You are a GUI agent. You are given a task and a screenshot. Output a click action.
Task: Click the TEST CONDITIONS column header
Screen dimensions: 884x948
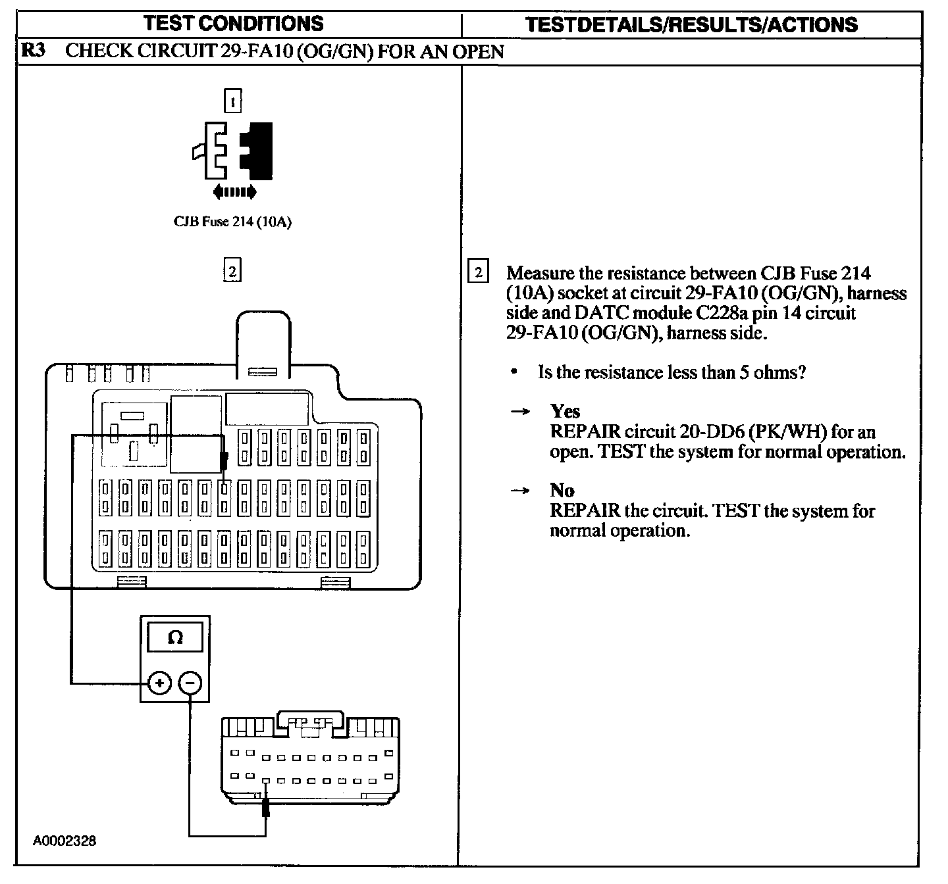click(234, 24)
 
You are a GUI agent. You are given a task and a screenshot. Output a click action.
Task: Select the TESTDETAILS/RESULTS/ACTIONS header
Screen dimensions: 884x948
click(692, 25)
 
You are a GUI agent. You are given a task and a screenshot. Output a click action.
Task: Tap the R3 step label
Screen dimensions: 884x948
click(33, 51)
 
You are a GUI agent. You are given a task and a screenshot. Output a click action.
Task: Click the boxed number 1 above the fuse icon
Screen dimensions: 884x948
click(232, 101)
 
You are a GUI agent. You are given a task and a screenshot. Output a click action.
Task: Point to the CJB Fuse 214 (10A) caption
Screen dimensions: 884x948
click(232, 222)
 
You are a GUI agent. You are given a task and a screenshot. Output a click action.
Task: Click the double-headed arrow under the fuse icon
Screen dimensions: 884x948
click(234, 192)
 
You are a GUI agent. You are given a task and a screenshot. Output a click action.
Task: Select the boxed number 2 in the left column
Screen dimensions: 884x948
click(232, 271)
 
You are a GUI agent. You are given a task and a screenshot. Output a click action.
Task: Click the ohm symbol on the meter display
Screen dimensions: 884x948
click(175, 637)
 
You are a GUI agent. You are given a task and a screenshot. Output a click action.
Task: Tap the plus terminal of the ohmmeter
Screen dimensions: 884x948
click(159, 683)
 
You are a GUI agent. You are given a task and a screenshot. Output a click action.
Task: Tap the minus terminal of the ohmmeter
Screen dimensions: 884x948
click(190, 683)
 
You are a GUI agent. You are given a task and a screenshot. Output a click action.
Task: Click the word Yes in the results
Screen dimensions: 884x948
click(565, 412)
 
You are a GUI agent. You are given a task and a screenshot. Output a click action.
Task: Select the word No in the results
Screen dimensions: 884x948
click(562, 491)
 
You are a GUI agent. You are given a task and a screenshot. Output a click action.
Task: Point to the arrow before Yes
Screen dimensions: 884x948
click(521, 412)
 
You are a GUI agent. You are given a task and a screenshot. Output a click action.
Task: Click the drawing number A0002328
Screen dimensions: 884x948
click(65, 841)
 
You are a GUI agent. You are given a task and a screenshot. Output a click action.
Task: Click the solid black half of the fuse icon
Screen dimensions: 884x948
click(257, 151)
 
